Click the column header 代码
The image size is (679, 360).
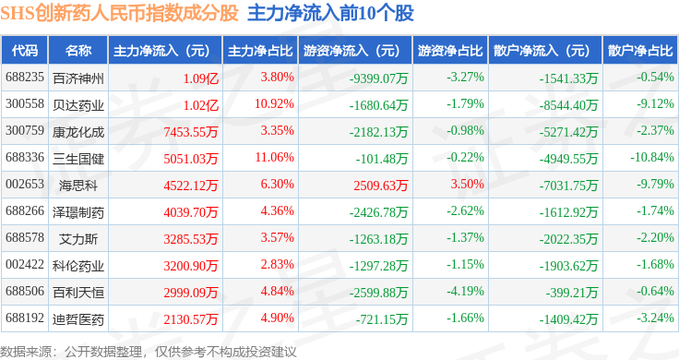tap(24, 51)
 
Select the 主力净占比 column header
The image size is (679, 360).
tap(260, 51)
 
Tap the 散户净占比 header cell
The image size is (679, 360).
tap(640, 51)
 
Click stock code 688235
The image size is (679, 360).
tap(25, 78)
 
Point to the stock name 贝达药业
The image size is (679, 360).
tap(78, 105)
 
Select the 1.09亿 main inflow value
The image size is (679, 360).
tap(201, 78)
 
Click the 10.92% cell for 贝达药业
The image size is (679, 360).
tap(274, 104)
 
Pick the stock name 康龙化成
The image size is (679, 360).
tap(78, 132)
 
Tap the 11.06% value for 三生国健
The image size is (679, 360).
tap(274, 157)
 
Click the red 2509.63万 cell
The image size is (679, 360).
tap(381, 186)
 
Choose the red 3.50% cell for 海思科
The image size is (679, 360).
tap(467, 184)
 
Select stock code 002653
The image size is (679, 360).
tap(25, 184)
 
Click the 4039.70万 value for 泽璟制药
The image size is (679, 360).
tap(191, 212)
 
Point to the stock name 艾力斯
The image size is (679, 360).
tap(78, 239)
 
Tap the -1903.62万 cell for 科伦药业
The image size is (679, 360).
tap(568, 266)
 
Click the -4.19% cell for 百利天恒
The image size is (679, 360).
tap(466, 291)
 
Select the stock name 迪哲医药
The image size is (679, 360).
tap(78, 319)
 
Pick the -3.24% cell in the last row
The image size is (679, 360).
tap(655, 318)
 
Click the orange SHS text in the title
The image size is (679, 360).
tap(18, 13)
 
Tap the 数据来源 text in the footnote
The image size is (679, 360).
tap(26, 352)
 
